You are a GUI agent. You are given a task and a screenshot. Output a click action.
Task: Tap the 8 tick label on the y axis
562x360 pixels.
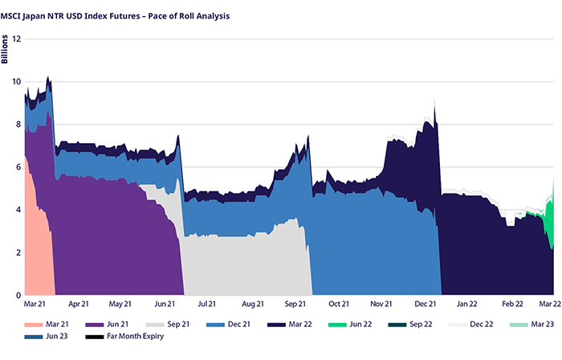pos(18,124)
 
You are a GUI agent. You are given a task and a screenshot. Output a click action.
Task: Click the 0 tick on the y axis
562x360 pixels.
pos(18,295)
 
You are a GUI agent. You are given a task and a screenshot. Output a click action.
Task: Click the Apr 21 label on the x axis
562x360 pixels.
pos(79,305)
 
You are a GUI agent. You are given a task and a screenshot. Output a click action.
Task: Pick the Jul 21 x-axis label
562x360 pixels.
pos(207,305)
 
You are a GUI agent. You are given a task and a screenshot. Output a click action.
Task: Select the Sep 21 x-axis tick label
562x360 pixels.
pos(295,305)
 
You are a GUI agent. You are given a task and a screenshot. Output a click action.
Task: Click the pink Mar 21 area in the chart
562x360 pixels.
pos(36,241)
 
